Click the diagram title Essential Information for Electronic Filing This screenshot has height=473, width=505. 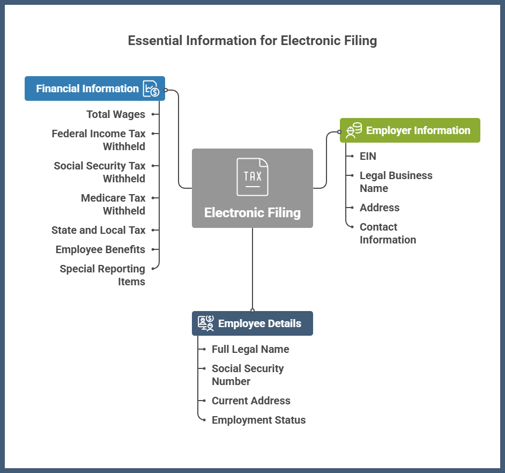pyautogui.click(x=252, y=41)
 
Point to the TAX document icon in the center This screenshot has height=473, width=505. pyautogui.click(x=252, y=176)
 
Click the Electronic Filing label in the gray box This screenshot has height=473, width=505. pyautogui.click(x=252, y=212)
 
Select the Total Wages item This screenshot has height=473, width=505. pyautogui.click(x=116, y=114)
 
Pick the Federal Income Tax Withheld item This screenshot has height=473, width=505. pyautogui.click(x=99, y=139)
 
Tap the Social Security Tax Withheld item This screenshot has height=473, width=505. pyautogui.click(x=100, y=172)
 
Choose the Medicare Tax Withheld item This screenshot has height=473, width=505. pyautogui.click(x=113, y=204)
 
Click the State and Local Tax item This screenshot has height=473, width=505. pyautogui.click(x=99, y=230)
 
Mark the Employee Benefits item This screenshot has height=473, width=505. pyautogui.click(x=100, y=249)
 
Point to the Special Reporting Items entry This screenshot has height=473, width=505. pyautogui.click(x=102, y=275)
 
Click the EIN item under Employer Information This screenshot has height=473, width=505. pyautogui.click(x=368, y=156)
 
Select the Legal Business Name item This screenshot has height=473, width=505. pyautogui.click(x=396, y=182)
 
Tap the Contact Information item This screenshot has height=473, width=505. pyautogui.click(x=388, y=233)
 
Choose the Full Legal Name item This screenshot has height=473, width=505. pyautogui.click(x=250, y=349)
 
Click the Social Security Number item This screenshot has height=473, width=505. pyautogui.click(x=248, y=375)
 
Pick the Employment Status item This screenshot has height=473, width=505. pyautogui.click(x=258, y=420)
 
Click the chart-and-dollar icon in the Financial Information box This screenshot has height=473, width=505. pyautogui.click(x=151, y=88)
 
